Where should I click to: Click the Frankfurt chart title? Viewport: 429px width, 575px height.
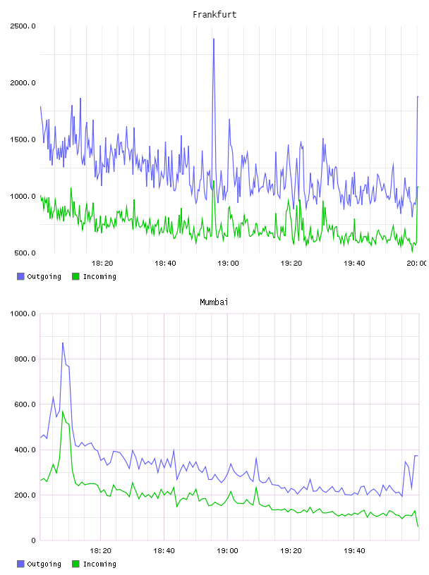(214, 14)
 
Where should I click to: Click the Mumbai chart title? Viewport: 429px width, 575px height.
(214, 302)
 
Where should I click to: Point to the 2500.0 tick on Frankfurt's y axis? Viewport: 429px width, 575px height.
(23, 26)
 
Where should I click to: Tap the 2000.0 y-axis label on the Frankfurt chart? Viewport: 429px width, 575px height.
(23, 83)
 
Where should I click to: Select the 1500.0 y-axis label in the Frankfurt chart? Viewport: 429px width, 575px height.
(23, 140)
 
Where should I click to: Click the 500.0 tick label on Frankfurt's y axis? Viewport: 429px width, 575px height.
(25, 253)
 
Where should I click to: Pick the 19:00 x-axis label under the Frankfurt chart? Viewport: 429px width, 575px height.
(228, 264)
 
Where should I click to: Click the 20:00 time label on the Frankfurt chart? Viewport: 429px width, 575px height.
(416, 264)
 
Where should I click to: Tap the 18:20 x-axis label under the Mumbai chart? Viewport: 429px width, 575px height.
(101, 551)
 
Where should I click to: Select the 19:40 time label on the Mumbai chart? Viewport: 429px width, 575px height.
(354, 551)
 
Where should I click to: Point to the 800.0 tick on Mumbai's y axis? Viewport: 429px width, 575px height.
(25, 359)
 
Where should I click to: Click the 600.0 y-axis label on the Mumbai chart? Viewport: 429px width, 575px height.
(25, 404)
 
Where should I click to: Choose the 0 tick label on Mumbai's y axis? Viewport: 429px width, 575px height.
(33, 540)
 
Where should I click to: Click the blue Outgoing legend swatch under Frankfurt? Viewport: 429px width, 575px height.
(20, 276)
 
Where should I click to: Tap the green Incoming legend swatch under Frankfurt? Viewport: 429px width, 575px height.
(75, 276)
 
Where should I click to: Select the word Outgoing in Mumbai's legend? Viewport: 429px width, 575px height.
(44, 564)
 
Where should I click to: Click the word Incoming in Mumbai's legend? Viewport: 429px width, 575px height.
(99, 564)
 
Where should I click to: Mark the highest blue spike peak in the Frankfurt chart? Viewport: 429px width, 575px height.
(213, 39)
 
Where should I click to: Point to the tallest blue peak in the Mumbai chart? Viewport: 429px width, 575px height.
(63, 343)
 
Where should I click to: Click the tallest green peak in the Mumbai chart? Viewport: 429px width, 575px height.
(63, 411)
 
